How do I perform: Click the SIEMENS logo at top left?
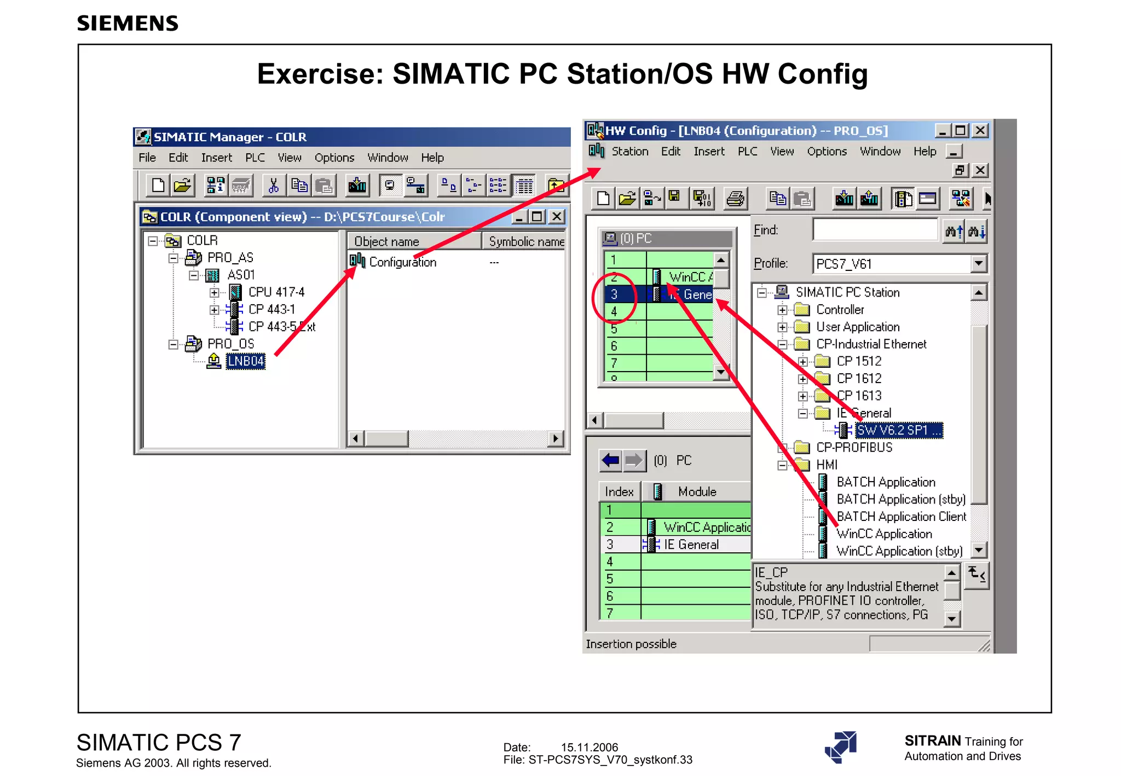coord(128,24)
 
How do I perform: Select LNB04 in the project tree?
coord(245,361)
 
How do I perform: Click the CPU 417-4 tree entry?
coord(276,292)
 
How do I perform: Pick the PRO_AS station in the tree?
coord(230,258)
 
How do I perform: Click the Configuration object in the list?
coord(402,262)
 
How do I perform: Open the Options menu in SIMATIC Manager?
coord(334,158)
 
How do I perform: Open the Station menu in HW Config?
coord(629,152)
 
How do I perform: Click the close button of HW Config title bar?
coord(980,131)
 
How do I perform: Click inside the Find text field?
coord(875,230)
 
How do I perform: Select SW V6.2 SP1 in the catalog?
coord(898,431)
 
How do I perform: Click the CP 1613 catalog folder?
coord(859,396)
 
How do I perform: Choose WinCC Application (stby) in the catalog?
coord(899,551)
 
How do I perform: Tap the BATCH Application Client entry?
coord(901,517)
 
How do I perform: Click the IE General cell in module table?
coord(691,545)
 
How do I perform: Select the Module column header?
coord(697,492)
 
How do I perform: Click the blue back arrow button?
coord(610,460)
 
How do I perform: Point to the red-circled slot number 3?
coord(614,294)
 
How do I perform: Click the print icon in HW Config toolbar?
coord(735,198)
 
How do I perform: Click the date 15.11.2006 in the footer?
coord(589,747)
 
